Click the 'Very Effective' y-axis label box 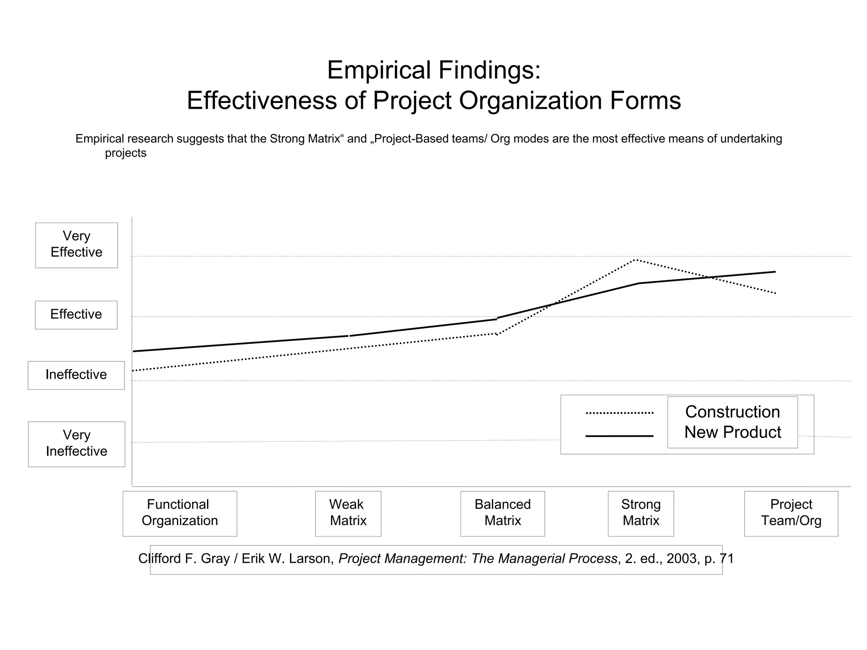(x=76, y=245)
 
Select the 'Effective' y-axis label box (x=76, y=314)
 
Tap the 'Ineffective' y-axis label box (x=76, y=375)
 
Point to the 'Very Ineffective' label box (x=77, y=444)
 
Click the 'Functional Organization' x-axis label (x=179, y=513)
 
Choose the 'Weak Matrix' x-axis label (x=348, y=513)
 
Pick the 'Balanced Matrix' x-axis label (x=503, y=513)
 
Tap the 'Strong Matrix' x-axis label (x=641, y=513)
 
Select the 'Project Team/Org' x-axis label (x=791, y=513)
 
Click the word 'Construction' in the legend (x=732, y=412)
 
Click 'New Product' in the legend (x=732, y=432)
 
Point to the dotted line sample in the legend (x=619, y=413)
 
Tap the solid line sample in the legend (x=619, y=436)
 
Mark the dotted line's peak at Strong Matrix (x=635, y=260)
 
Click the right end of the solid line (x=775, y=272)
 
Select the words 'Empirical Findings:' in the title (x=433, y=70)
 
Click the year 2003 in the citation (x=682, y=559)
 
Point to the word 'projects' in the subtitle (x=126, y=153)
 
